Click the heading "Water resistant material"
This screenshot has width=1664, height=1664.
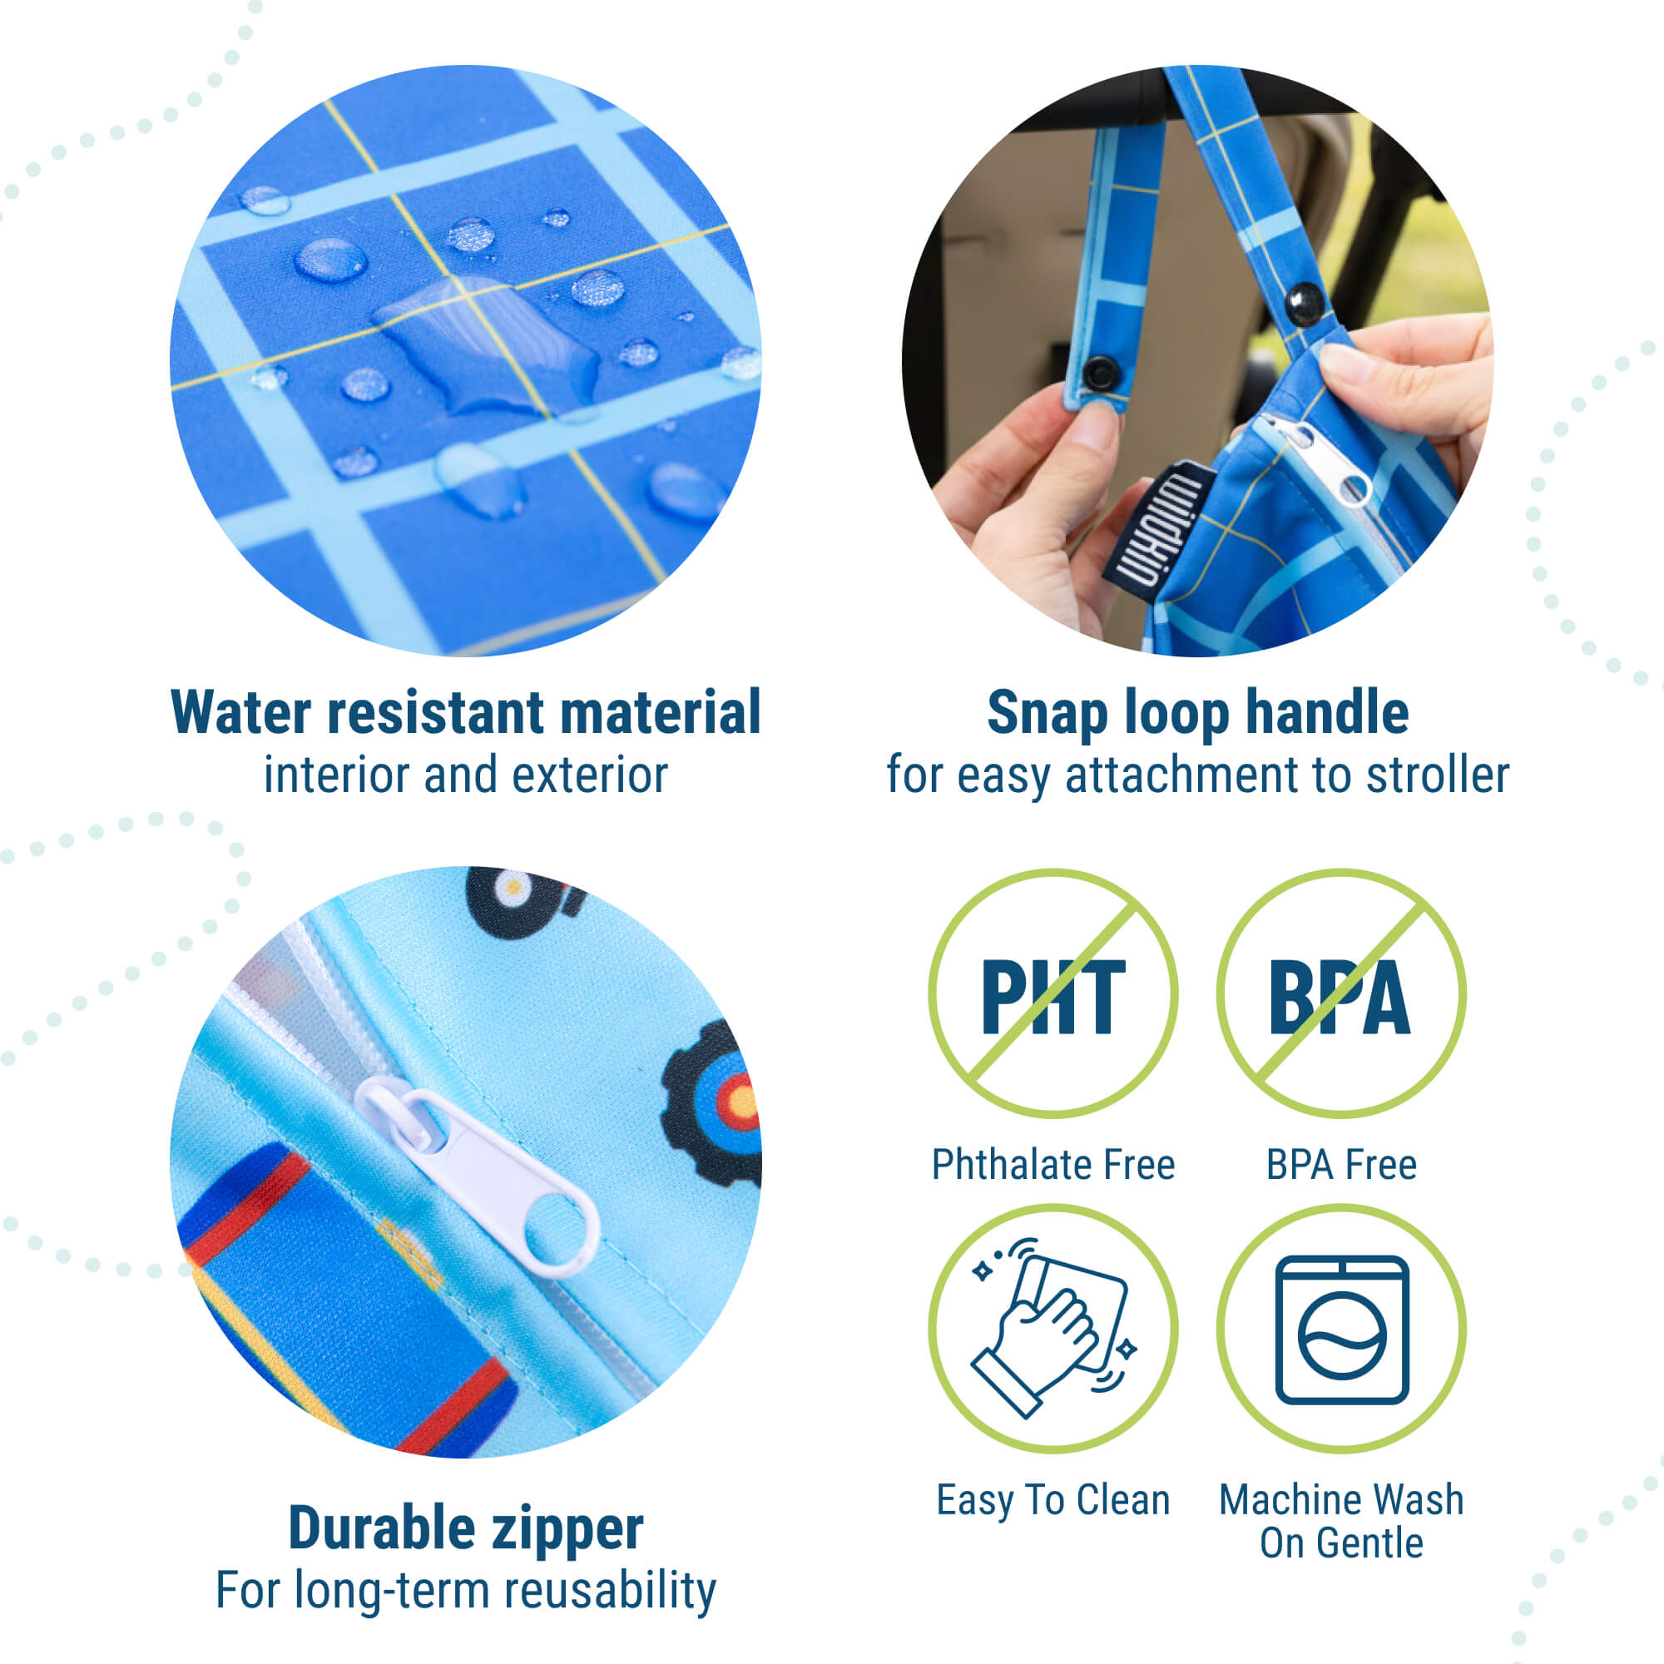[465, 713]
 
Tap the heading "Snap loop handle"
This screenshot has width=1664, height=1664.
[1197, 713]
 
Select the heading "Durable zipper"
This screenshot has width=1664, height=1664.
[465, 1528]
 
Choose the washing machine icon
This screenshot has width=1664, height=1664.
[1340, 1329]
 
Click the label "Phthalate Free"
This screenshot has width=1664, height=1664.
[1052, 1165]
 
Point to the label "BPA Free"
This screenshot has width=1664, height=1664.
[1341, 1165]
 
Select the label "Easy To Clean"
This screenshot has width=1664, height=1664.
[1052, 1500]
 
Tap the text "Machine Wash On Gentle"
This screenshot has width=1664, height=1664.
[1341, 1522]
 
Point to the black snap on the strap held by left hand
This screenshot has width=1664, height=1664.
[1100, 374]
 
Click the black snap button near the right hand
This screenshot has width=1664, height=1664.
[1305, 301]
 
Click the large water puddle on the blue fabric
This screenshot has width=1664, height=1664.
[487, 344]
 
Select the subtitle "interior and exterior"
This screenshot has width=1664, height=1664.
[465, 775]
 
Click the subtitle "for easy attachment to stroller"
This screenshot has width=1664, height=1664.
[1197, 775]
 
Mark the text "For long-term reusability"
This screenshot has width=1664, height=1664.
[465, 1590]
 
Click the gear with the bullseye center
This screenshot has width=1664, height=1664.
[713, 1102]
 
